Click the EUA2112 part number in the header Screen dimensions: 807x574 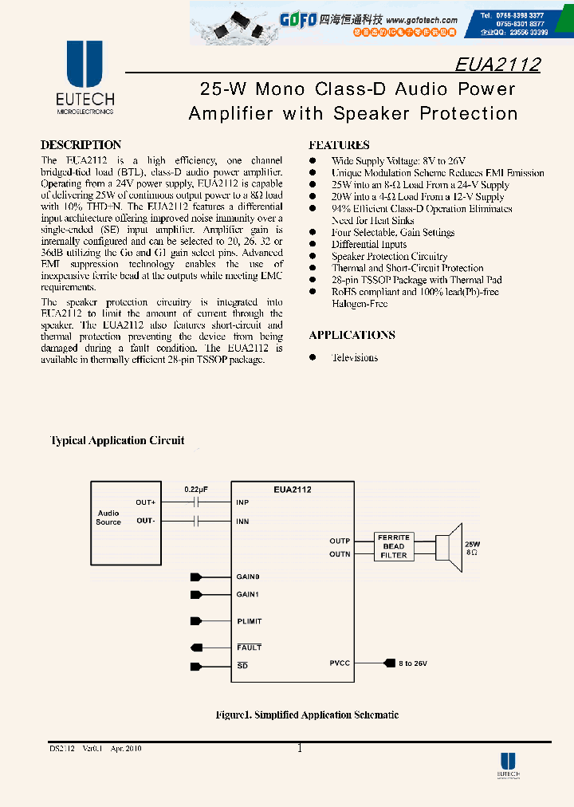(497, 65)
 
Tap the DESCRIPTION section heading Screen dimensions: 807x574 (81, 145)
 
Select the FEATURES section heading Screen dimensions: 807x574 (339, 145)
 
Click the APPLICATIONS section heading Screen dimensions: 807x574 (352, 335)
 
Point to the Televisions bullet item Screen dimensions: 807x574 (355, 357)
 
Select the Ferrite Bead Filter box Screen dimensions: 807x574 (394, 546)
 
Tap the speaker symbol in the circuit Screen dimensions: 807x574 (450, 546)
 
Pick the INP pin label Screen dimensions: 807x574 (243, 502)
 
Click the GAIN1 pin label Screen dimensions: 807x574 (248, 594)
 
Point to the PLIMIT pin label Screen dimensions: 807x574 (249, 621)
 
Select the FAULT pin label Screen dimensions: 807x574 (249, 648)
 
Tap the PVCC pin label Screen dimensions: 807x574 (340, 662)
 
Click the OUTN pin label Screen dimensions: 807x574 (340, 553)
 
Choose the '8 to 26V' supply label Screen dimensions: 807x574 (413, 662)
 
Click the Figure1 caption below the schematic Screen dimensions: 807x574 (307, 714)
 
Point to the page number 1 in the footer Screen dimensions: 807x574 (299, 748)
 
